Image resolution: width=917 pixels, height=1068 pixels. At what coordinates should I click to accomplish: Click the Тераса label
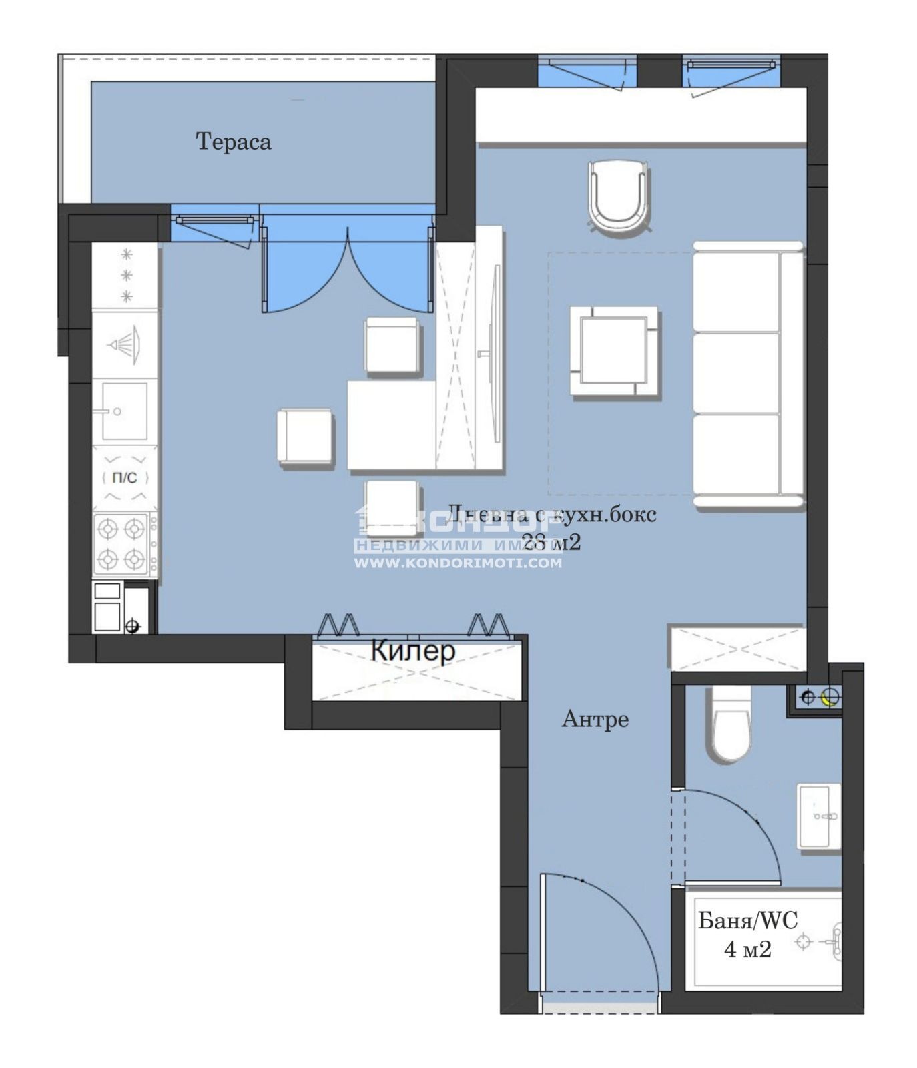tap(233, 142)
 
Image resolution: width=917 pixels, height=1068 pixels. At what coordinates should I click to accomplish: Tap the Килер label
tap(412, 650)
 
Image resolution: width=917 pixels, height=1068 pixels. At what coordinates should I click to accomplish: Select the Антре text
tap(595, 719)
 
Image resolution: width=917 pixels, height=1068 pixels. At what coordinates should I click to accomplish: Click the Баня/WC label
tap(747, 921)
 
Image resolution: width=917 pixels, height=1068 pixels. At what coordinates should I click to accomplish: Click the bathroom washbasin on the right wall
tap(819, 816)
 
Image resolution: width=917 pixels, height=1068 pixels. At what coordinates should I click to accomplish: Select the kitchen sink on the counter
tap(123, 411)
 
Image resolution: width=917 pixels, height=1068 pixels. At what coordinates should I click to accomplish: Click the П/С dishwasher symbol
tap(124, 478)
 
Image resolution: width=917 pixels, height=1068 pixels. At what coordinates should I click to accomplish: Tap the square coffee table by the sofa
tap(614, 352)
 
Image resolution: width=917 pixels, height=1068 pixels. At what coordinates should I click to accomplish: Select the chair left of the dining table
tap(305, 436)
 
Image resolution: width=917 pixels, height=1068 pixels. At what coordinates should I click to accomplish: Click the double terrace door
tap(347, 267)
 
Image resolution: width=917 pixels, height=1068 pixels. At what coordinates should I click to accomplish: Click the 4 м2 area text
tap(747, 949)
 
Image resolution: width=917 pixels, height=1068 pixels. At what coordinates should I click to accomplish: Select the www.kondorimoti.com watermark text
tap(458, 563)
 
